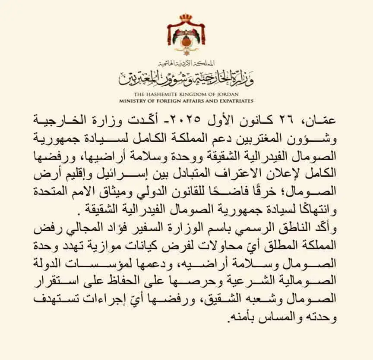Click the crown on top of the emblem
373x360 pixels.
click(186, 19)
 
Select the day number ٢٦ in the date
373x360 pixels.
click(283, 120)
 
